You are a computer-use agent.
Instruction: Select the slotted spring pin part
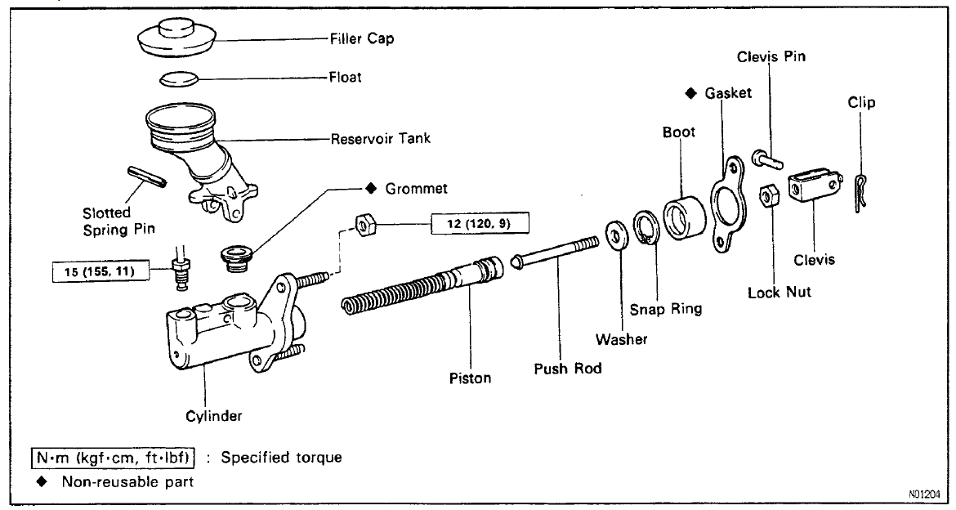(148, 176)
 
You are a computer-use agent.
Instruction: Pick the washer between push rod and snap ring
(615, 236)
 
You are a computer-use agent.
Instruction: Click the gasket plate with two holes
(725, 204)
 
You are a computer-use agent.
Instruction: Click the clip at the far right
(859, 193)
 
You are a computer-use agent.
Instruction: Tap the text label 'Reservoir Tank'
(380, 138)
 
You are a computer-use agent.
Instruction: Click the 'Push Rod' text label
(567, 368)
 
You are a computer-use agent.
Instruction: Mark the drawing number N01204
(924, 495)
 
